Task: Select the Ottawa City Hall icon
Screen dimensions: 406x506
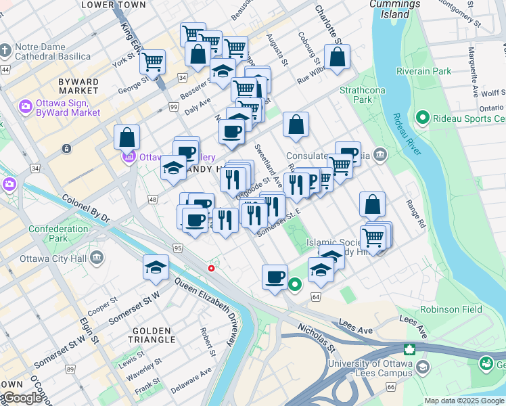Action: (97, 257)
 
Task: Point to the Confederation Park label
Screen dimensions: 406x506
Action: (57, 233)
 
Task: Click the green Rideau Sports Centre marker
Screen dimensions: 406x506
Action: (423, 118)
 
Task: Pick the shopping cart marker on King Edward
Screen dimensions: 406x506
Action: (152, 62)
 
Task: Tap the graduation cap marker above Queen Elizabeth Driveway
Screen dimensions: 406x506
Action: (156, 268)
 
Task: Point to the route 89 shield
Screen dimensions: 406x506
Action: (70, 369)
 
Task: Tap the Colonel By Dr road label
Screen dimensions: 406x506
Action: (85, 208)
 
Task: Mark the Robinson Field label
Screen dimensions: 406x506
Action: (451, 309)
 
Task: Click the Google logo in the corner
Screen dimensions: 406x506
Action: (22, 398)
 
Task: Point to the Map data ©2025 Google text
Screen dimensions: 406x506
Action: (463, 401)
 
